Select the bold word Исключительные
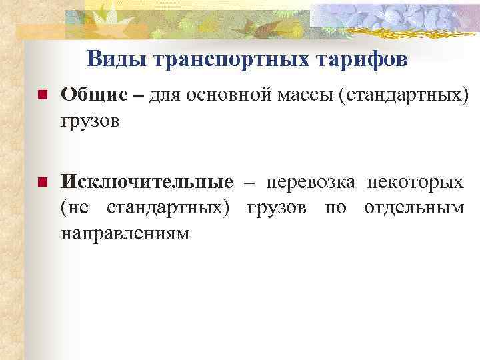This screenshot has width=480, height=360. (x=147, y=182)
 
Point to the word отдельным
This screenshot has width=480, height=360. (x=414, y=208)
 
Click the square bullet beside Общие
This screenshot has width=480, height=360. (x=42, y=96)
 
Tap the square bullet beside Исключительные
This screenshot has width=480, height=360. (x=42, y=182)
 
